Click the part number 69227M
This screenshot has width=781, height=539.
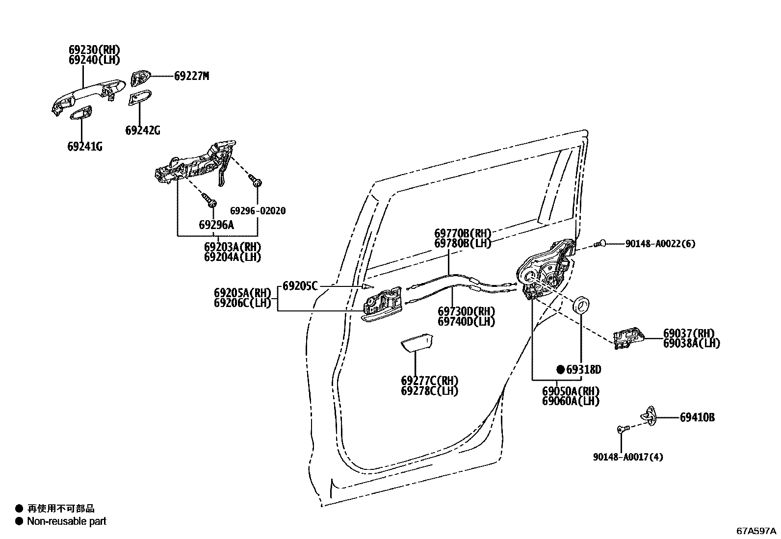pyautogui.click(x=191, y=76)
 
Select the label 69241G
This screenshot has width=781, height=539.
pyautogui.click(x=85, y=146)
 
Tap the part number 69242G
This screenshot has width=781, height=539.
pyautogui.click(x=142, y=130)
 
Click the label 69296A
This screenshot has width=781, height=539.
pyautogui.click(x=216, y=225)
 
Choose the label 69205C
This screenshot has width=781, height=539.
pyautogui.click(x=300, y=286)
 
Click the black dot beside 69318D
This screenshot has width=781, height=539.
pyautogui.click(x=560, y=370)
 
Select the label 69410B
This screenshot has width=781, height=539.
pyautogui.click(x=697, y=418)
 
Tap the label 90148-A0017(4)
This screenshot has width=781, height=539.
pyautogui.click(x=627, y=457)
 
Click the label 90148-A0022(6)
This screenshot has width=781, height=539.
pyautogui.click(x=660, y=244)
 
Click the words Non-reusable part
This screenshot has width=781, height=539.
pyautogui.click(x=67, y=521)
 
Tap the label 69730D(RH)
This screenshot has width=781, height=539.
pyautogui.click(x=466, y=311)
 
